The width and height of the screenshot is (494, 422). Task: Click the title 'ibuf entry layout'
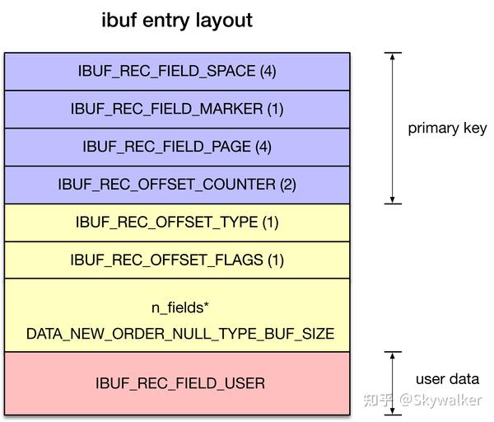coord(177,20)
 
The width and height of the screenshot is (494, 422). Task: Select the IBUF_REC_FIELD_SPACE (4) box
coord(177,71)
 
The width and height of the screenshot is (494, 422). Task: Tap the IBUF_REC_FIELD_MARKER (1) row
coord(177,109)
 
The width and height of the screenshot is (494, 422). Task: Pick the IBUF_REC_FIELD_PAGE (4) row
coord(177,147)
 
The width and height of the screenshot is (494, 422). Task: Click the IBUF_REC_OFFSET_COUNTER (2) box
coord(177,185)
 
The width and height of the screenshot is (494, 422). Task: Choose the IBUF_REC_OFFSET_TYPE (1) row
coord(177,223)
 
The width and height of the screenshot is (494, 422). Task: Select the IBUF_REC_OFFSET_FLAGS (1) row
coord(177,260)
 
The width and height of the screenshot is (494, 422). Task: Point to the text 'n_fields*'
coord(179,307)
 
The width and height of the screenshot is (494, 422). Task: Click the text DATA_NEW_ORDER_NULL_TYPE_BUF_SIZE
coord(180,334)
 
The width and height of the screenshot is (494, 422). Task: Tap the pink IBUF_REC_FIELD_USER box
coord(177,383)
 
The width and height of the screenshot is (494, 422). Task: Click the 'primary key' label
coord(447,129)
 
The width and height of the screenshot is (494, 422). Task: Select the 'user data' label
coord(447,379)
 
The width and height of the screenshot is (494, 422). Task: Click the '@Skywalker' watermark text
coord(440,400)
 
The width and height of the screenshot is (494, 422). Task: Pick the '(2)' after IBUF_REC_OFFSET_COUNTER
coord(287,185)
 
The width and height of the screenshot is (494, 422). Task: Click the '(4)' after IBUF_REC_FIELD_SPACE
coord(268,71)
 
